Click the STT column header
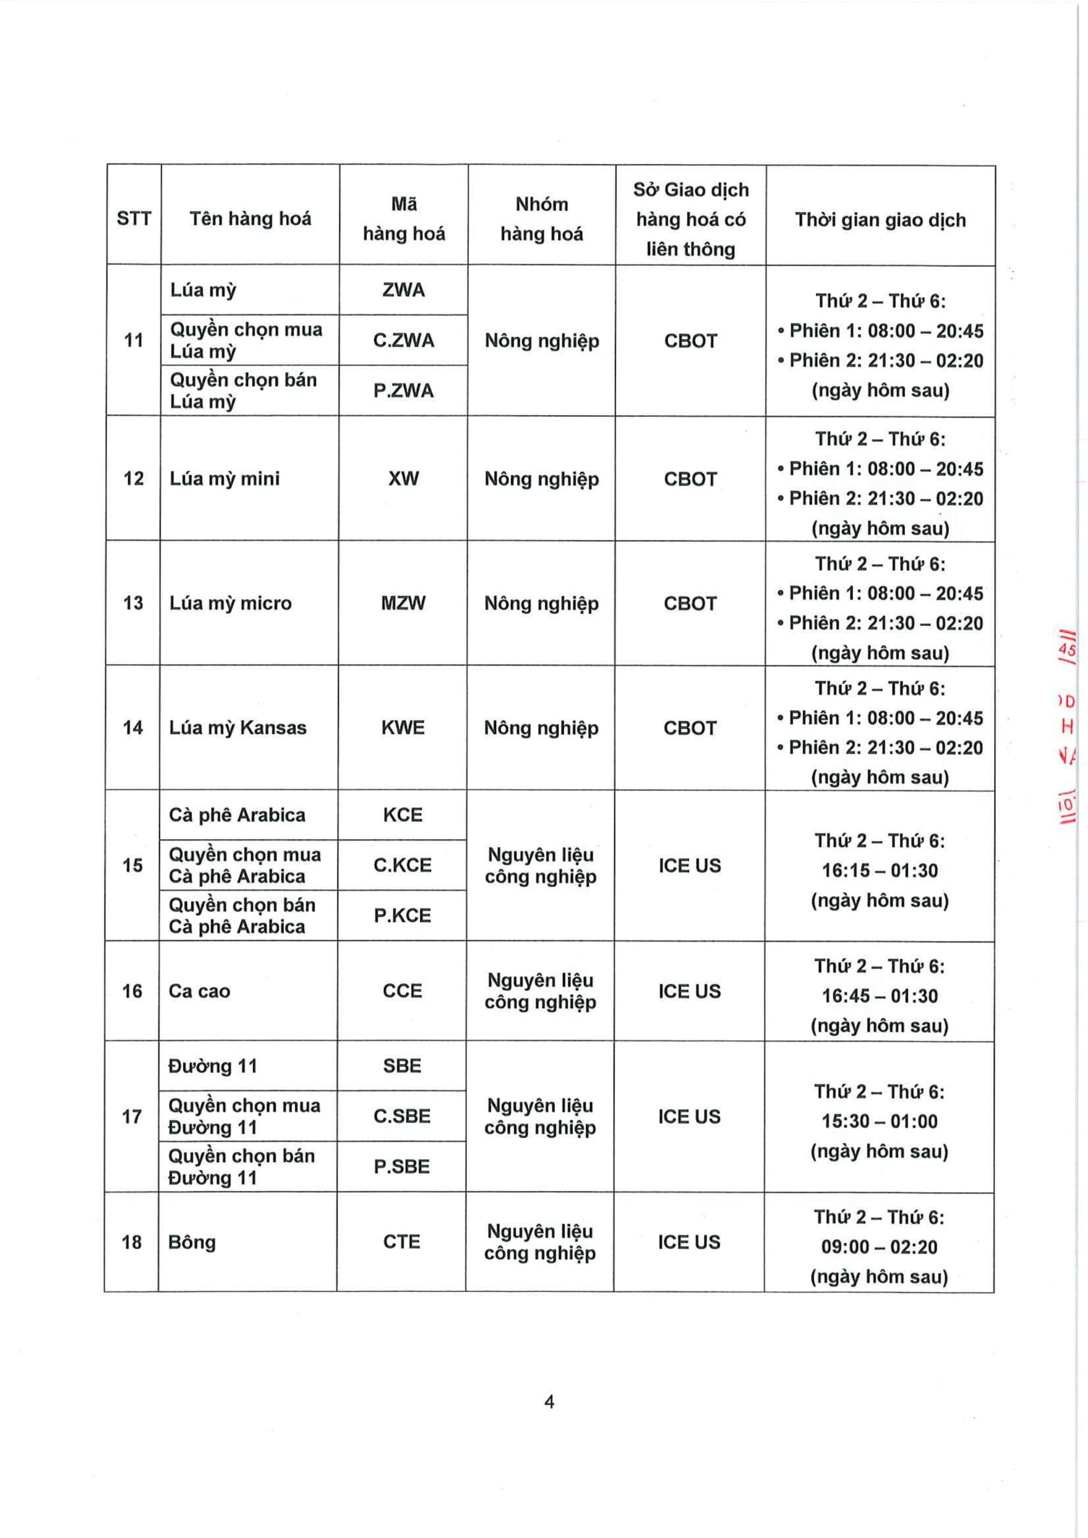click(134, 218)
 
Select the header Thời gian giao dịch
click(880, 220)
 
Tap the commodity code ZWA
click(403, 290)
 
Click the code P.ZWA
click(403, 391)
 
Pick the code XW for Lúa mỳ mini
click(403, 478)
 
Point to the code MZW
click(403, 603)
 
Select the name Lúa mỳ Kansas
click(238, 728)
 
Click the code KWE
click(403, 728)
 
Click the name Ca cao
click(199, 991)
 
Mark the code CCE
click(402, 991)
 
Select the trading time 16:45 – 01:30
click(880, 995)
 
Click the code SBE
click(402, 1066)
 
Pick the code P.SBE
click(401, 1166)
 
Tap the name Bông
click(192, 1242)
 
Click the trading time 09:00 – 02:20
click(879, 1247)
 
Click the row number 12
click(133, 478)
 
